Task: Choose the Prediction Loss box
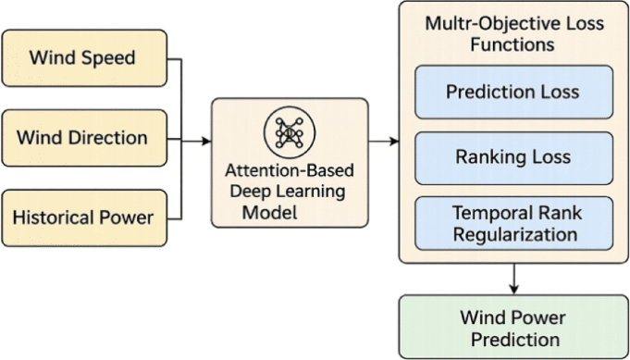click(x=513, y=93)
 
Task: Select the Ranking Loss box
click(x=513, y=157)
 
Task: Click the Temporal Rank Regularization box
click(x=513, y=222)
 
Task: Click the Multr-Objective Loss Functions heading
click(x=513, y=32)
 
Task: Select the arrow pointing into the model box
click(x=198, y=141)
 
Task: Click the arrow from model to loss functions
click(x=383, y=141)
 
